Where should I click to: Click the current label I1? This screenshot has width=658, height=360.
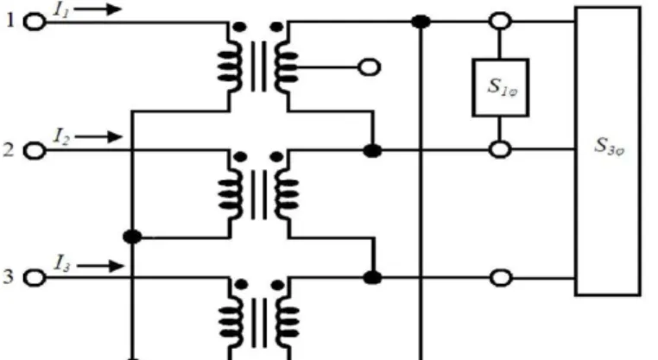(61, 10)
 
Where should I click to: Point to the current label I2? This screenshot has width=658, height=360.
(61, 136)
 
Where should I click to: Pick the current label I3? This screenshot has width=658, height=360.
(62, 264)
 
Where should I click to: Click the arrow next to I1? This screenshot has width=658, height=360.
(98, 9)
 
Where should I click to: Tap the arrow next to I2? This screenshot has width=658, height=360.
(99, 136)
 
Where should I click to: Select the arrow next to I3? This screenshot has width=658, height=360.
(100, 266)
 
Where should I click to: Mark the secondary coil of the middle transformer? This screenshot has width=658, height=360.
(287, 194)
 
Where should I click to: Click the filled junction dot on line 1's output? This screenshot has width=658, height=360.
(421, 22)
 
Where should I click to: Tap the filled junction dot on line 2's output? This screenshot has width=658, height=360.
(372, 150)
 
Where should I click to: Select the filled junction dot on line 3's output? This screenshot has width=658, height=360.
(372, 278)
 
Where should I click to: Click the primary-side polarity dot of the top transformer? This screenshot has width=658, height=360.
(239, 28)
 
